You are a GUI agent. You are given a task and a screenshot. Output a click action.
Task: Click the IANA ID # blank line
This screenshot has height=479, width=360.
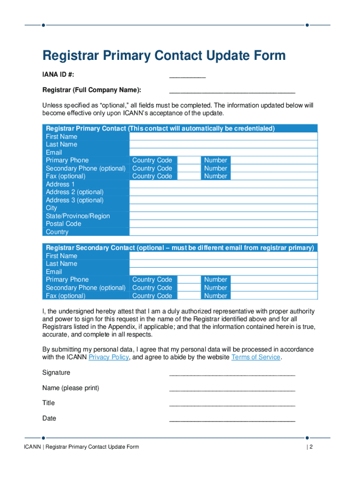coord(187,76)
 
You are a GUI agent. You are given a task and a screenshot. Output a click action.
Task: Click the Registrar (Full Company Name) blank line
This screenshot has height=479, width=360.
coord(232,91)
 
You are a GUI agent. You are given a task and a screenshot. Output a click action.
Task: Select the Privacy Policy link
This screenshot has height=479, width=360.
coord(108,357)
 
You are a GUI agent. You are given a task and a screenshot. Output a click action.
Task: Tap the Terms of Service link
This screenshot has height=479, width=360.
coord(256,357)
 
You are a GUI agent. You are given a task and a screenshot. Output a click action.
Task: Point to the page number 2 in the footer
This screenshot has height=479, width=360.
coord(310,447)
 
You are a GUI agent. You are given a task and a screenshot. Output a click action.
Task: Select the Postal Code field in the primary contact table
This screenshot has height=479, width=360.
coord(223,224)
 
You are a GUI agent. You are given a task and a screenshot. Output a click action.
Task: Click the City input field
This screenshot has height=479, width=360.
coord(223,208)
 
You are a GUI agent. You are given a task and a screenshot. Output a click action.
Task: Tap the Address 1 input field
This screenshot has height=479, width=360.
coord(223,184)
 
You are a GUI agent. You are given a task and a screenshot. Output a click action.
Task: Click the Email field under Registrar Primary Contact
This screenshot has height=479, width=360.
coord(223,152)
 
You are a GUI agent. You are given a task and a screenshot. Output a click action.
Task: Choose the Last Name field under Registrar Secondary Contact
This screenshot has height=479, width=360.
coord(223,264)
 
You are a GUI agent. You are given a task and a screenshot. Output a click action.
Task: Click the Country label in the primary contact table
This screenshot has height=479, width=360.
coord(57,232)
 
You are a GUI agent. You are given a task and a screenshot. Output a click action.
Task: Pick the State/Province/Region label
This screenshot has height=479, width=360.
coord(78,216)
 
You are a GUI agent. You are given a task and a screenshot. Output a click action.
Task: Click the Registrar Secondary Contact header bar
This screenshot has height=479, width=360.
coord(180,248)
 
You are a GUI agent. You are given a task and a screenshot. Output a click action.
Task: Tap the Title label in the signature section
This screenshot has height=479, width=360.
coord(49,403)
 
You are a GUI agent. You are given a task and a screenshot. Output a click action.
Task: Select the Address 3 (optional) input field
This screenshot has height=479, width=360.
coord(223,200)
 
